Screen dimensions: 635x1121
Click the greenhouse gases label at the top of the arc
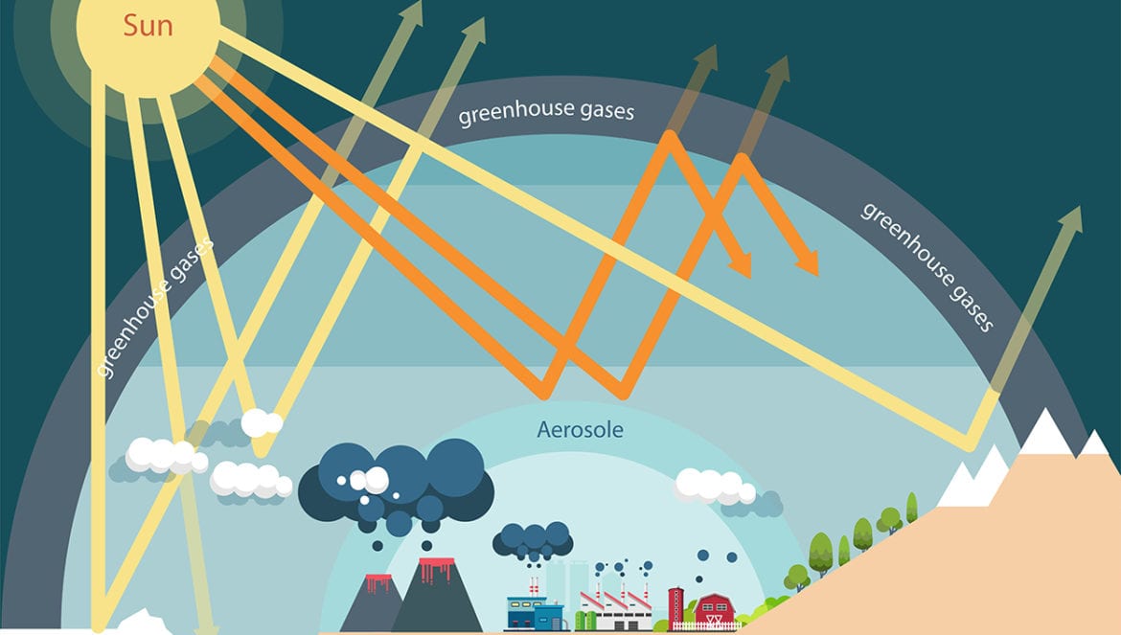click(546, 113)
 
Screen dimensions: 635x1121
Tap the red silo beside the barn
click(675, 605)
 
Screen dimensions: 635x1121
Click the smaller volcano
click(374, 603)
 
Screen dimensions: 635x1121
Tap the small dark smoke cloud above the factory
click(533, 542)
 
